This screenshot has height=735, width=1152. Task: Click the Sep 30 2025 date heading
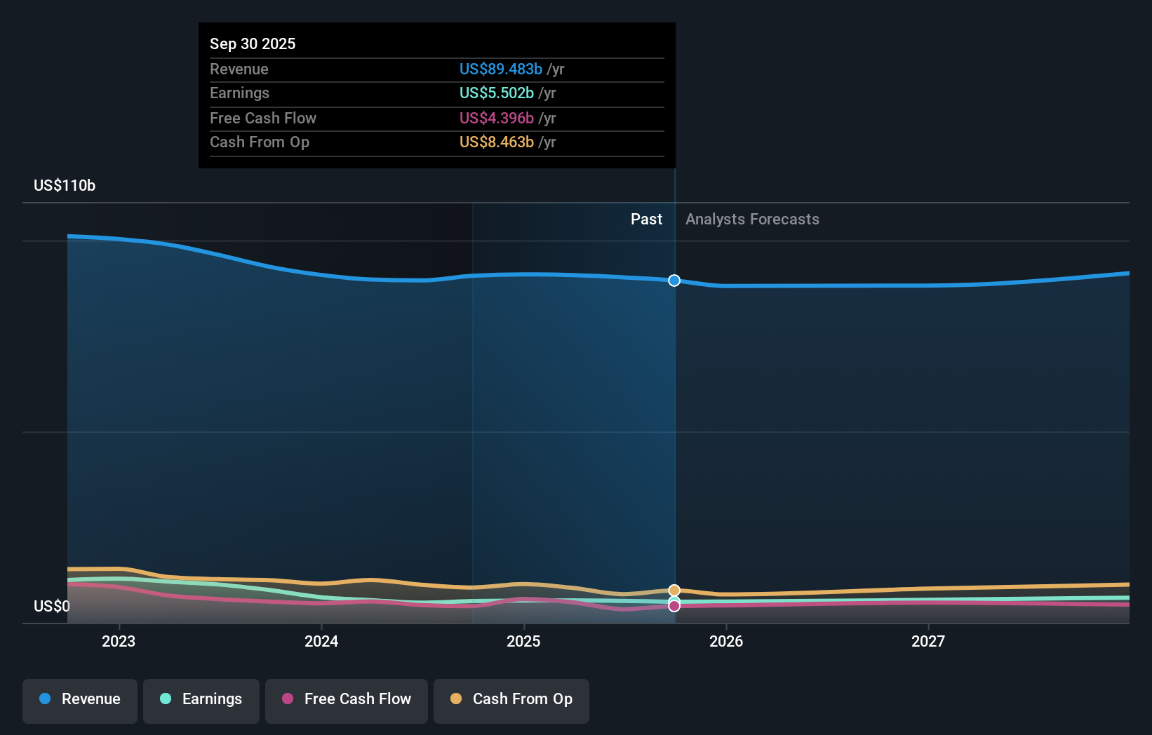pyautogui.click(x=253, y=43)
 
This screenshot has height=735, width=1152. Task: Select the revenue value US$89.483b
pyautogui.click(x=500, y=69)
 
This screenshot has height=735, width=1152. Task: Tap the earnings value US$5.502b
pyautogui.click(x=496, y=93)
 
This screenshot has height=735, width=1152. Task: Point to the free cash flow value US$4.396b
pyautogui.click(x=496, y=118)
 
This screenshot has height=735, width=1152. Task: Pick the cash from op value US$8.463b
pyautogui.click(x=496, y=142)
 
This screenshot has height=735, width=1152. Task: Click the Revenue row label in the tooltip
pyautogui.click(x=239, y=69)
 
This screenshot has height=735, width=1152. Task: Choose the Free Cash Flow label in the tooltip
pyautogui.click(x=262, y=118)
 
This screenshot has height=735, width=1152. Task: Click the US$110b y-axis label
pyautogui.click(x=65, y=185)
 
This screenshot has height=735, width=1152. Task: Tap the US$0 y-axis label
pyautogui.click(x=52, y=606)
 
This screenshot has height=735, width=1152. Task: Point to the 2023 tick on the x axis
pyautogui.click(x=119, y=641)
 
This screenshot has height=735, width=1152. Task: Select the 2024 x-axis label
pyautogui.click(x=321, y=641)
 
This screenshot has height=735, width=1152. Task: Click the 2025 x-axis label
pyautogui.click(x=523, y=641)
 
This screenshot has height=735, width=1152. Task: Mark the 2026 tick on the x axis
pyautogui.click(x=726, y=641)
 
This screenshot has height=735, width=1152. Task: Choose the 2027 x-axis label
pyautogui.click(x=927, y=641)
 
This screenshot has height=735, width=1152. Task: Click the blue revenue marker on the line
pyautogui.click(x=674, y=281)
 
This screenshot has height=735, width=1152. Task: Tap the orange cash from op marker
pyautogui.click(x=674, y=591)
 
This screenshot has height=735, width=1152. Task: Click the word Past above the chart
pyautogui.click(x=646, y=219)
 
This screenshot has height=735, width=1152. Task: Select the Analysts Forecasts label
pyautogui.click(x=752, y=219)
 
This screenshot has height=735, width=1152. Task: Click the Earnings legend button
pyautogui.click(x=201, y=699)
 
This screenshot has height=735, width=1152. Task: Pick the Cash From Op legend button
pyautogui.click(x=511, y=699)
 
